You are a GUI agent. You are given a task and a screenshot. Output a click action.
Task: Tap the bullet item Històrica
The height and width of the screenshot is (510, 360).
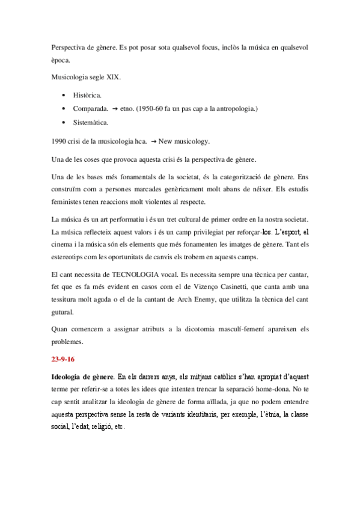click(x=88, y=95)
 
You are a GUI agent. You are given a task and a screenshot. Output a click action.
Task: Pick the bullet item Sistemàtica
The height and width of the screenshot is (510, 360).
click(x=91, y=123)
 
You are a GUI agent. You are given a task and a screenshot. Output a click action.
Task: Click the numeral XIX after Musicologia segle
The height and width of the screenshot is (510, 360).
click(x=115, y=77)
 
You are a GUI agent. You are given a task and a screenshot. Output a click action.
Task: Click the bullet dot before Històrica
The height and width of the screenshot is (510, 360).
click(x=64, y=95)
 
